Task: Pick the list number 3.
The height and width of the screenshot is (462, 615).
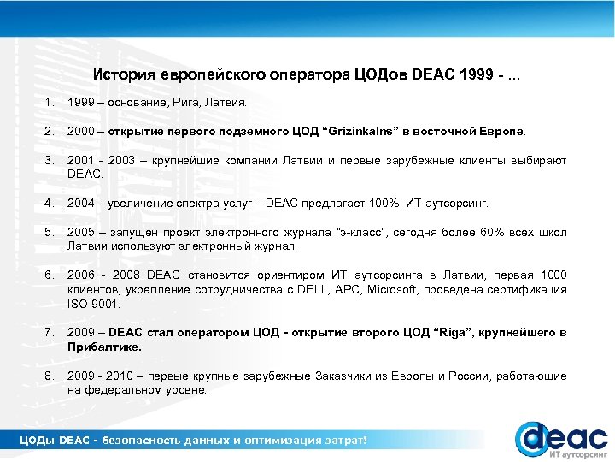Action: point(52,161)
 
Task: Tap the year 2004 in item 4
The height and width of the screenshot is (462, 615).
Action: point(81,203)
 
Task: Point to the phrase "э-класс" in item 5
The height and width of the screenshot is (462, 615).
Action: point(365,233)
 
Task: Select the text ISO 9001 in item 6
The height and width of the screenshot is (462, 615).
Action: point(94,303)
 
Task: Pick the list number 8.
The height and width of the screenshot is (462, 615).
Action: point(52,376)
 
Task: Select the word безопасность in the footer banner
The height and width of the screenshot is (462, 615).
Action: point(143,440)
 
